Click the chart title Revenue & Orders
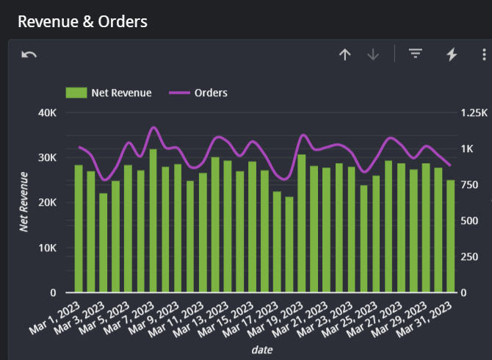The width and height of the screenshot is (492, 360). pyautogui.click(x=82, y=21)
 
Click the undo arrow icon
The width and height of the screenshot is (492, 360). pyautogui.click(x=29, y=55)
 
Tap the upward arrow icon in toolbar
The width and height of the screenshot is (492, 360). pyautogui.click(x=344, y=54)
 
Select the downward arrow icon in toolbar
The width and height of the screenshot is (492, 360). pyautogui.click(x=373, y=54)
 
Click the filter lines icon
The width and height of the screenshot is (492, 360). pyautogui.click(x=416, y=54)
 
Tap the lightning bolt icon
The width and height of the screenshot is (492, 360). pyautogui.click(x=452, y=54)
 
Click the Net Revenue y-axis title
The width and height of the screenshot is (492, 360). pyautogui.click(x=23, y=202)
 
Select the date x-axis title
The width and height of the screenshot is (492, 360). pyautogui.click(x=262, y=350)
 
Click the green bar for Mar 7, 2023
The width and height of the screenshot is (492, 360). pyautogui.click(x=153, y=220)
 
